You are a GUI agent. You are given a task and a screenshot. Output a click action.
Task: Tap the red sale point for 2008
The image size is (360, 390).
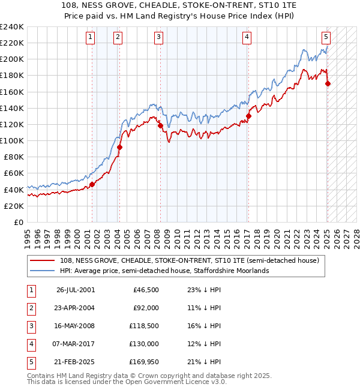[160, 125]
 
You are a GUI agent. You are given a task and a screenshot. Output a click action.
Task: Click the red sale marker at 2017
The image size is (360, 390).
[248, 116]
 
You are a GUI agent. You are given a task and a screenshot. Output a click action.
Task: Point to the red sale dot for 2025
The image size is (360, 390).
[328, 84]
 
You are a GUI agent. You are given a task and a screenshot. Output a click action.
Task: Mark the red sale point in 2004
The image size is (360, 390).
[119, 147]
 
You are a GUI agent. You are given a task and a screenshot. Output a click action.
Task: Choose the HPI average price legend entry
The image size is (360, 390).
[164, 271]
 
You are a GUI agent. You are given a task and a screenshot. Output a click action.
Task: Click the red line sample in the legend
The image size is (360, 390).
[41, 260]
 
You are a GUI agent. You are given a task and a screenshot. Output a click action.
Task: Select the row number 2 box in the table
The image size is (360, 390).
[31, 308]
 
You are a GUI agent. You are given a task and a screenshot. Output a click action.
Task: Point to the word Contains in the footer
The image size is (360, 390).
[41, 376]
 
